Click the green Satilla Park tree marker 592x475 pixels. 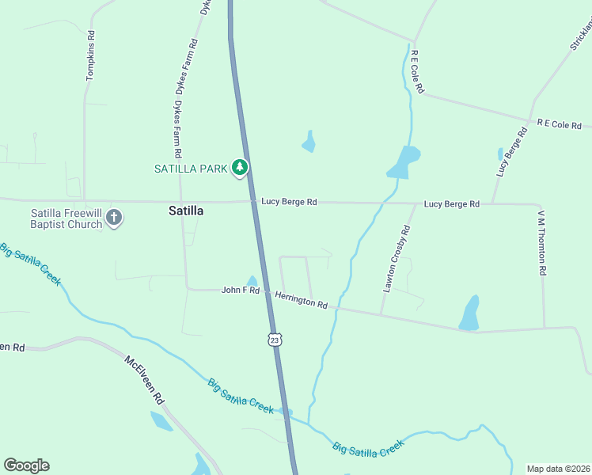241,168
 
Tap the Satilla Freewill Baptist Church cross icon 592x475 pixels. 114,217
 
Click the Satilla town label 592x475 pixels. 186,211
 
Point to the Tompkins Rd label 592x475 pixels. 91,56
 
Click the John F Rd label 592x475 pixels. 241,291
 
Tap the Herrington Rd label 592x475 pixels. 301,298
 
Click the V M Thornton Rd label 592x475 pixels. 542,242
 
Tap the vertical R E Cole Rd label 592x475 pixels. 417,72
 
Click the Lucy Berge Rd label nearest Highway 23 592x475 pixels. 289,203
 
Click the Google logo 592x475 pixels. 26,465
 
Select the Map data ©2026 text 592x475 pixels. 558,469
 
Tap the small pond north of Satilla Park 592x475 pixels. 309,143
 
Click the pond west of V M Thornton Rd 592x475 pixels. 470,313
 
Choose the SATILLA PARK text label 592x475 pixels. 192,168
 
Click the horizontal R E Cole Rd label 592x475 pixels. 559,125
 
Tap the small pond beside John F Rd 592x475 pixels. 252,281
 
